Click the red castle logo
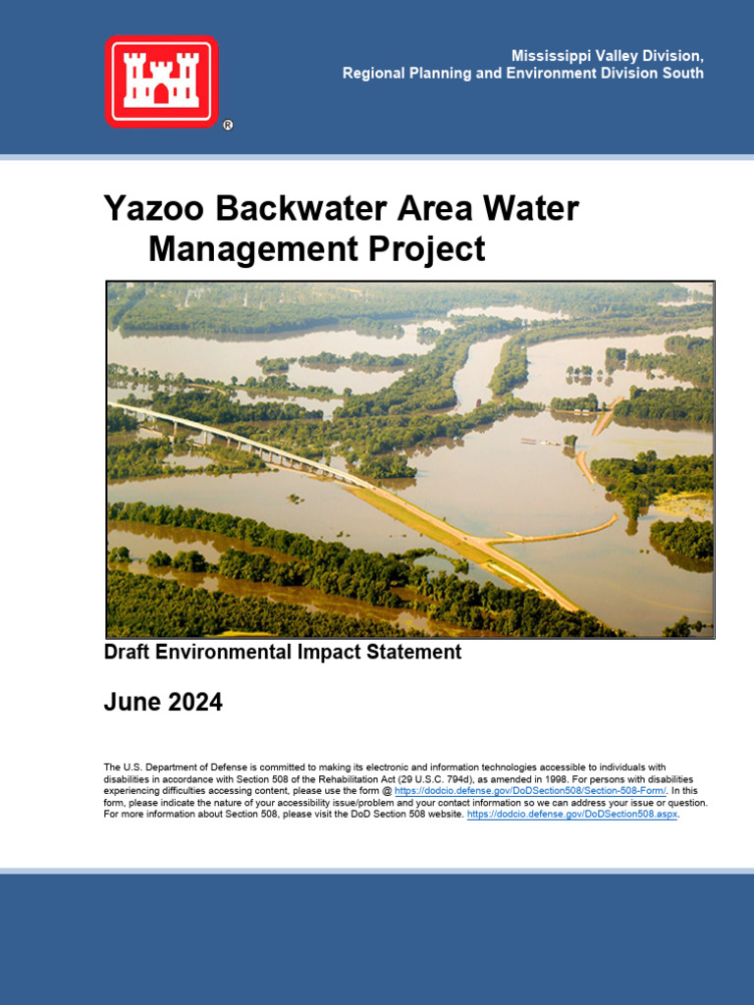pyautogui.click(x=161, y=80)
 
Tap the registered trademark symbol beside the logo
pyautogui.click(x=228, y=125)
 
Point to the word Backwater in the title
pyautogui.click(x=300, y=209)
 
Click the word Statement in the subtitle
pyautogui.click(x=411, y=652)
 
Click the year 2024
pyautogui.click(x=194, y=703)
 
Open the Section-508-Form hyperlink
pyautogui.click(x=530, y=790)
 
